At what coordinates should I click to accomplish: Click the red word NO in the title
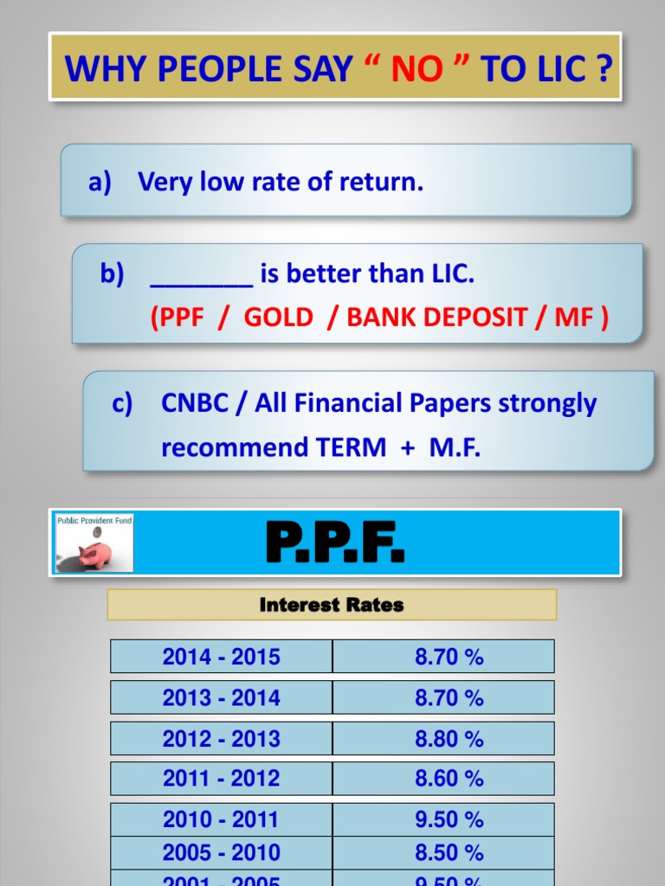pos(416,68)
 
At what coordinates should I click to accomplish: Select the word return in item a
pos(386,182)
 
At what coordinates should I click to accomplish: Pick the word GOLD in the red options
pos(278,318)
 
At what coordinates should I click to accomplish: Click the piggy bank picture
pos(94,543)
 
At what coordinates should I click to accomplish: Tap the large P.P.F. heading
pos(335,543)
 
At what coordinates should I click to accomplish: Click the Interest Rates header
pos(332,606)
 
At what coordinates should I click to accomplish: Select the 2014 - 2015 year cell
pos(222,657)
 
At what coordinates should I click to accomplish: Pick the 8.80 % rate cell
pos(449,739)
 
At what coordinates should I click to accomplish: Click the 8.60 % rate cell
pos(449,779)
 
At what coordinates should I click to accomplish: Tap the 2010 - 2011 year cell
pos(222,819)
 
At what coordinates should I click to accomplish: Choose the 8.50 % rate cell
pos(449,852)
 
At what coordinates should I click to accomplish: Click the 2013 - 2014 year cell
pos(222,697)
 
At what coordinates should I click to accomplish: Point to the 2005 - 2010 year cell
pos(222,852)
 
